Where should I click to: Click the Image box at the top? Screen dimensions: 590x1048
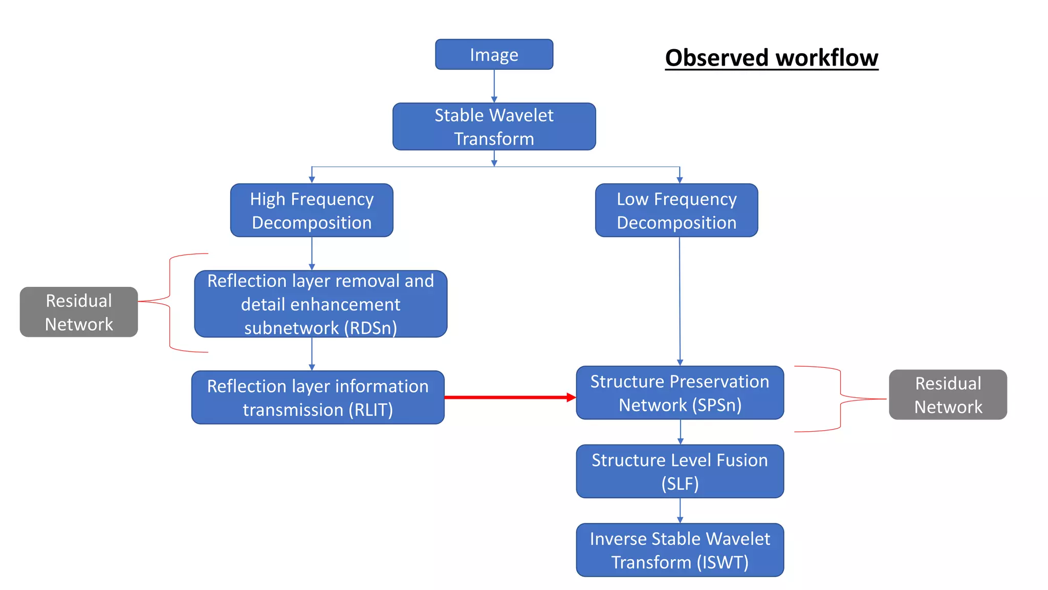coord(494,54)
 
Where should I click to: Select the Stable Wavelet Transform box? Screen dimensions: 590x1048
coord(494,127)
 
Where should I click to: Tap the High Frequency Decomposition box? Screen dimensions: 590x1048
coord(312,210)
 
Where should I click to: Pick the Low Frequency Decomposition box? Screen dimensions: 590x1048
coord(676,210)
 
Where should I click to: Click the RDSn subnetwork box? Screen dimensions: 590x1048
coord(320,304)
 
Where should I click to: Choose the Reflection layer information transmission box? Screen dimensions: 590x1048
coord(318,397)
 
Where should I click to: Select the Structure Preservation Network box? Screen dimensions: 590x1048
coord(680,393)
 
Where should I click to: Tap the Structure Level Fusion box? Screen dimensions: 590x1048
coord(680,471)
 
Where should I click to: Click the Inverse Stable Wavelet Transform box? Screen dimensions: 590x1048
coord(680,550)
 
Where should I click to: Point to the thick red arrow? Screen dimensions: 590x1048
coord(509,397)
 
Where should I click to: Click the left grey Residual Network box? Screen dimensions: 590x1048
coord(79,312)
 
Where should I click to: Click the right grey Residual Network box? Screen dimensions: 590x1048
coord(948,395)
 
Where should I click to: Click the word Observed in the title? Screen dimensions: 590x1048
coord(716,57)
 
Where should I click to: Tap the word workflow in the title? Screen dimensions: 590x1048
coord(827,57)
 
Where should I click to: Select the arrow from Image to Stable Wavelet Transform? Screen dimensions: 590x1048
coord(494,86)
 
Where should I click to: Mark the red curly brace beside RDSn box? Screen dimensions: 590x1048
coord(170,303)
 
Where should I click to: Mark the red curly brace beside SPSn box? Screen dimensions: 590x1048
coord(840,399)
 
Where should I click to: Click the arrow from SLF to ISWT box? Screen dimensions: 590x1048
coord(680,510)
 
